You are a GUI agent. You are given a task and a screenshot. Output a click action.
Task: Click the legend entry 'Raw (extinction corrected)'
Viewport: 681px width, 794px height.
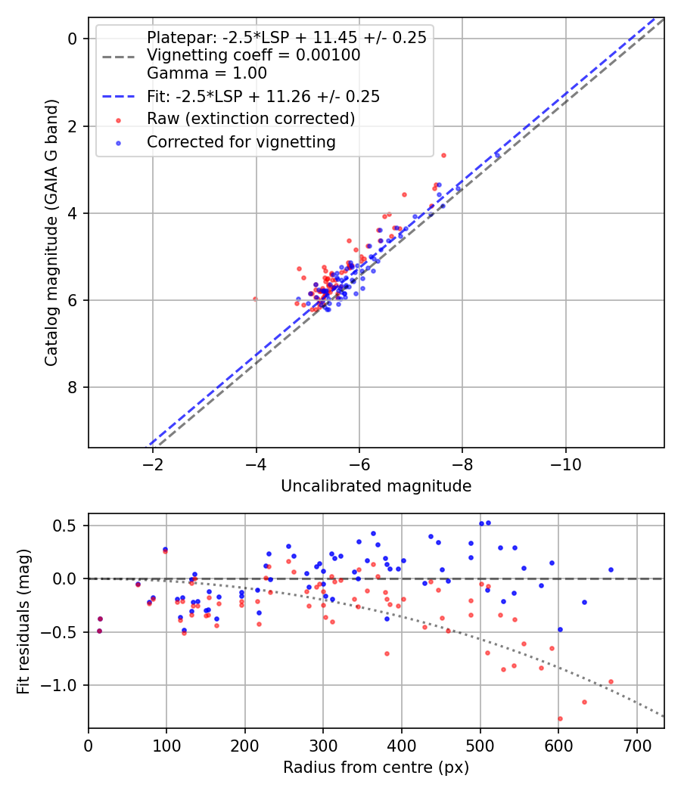250,119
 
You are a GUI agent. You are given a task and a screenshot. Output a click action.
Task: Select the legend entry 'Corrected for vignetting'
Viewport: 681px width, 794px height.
241,142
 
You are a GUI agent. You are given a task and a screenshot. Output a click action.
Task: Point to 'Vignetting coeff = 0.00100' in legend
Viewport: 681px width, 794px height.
253,54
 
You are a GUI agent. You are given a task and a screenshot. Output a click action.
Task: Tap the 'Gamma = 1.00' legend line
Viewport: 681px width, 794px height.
207,73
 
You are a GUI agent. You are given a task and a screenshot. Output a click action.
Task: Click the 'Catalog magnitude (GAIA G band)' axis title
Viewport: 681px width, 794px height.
51,233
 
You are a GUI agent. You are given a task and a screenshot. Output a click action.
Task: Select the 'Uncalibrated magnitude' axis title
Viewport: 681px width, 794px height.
376,485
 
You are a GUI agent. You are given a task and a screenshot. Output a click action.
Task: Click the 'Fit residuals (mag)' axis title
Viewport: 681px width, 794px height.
23,622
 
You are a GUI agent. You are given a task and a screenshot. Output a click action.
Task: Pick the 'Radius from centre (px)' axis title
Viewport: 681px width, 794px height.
376,768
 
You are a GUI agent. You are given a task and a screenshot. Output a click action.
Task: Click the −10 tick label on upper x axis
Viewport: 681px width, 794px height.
565,464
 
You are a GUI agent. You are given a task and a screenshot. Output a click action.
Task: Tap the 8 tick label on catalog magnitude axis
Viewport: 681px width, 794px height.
72,387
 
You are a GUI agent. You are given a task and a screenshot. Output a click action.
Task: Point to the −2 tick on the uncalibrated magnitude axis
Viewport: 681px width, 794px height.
153,464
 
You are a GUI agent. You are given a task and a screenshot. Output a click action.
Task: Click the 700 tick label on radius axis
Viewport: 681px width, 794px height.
637,746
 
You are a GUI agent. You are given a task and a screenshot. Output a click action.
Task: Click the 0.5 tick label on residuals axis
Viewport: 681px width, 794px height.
64,526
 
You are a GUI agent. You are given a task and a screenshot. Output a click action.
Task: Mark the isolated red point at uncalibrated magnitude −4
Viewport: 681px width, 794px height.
255,299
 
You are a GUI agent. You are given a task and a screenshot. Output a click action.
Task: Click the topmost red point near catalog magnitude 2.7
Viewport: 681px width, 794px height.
443,156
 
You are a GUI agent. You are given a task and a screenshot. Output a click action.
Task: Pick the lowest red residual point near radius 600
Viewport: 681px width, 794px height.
560,718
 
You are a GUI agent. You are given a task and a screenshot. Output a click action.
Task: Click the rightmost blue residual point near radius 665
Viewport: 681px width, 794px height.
611,569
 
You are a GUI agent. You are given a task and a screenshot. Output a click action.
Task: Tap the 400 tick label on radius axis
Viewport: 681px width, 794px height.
402,746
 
